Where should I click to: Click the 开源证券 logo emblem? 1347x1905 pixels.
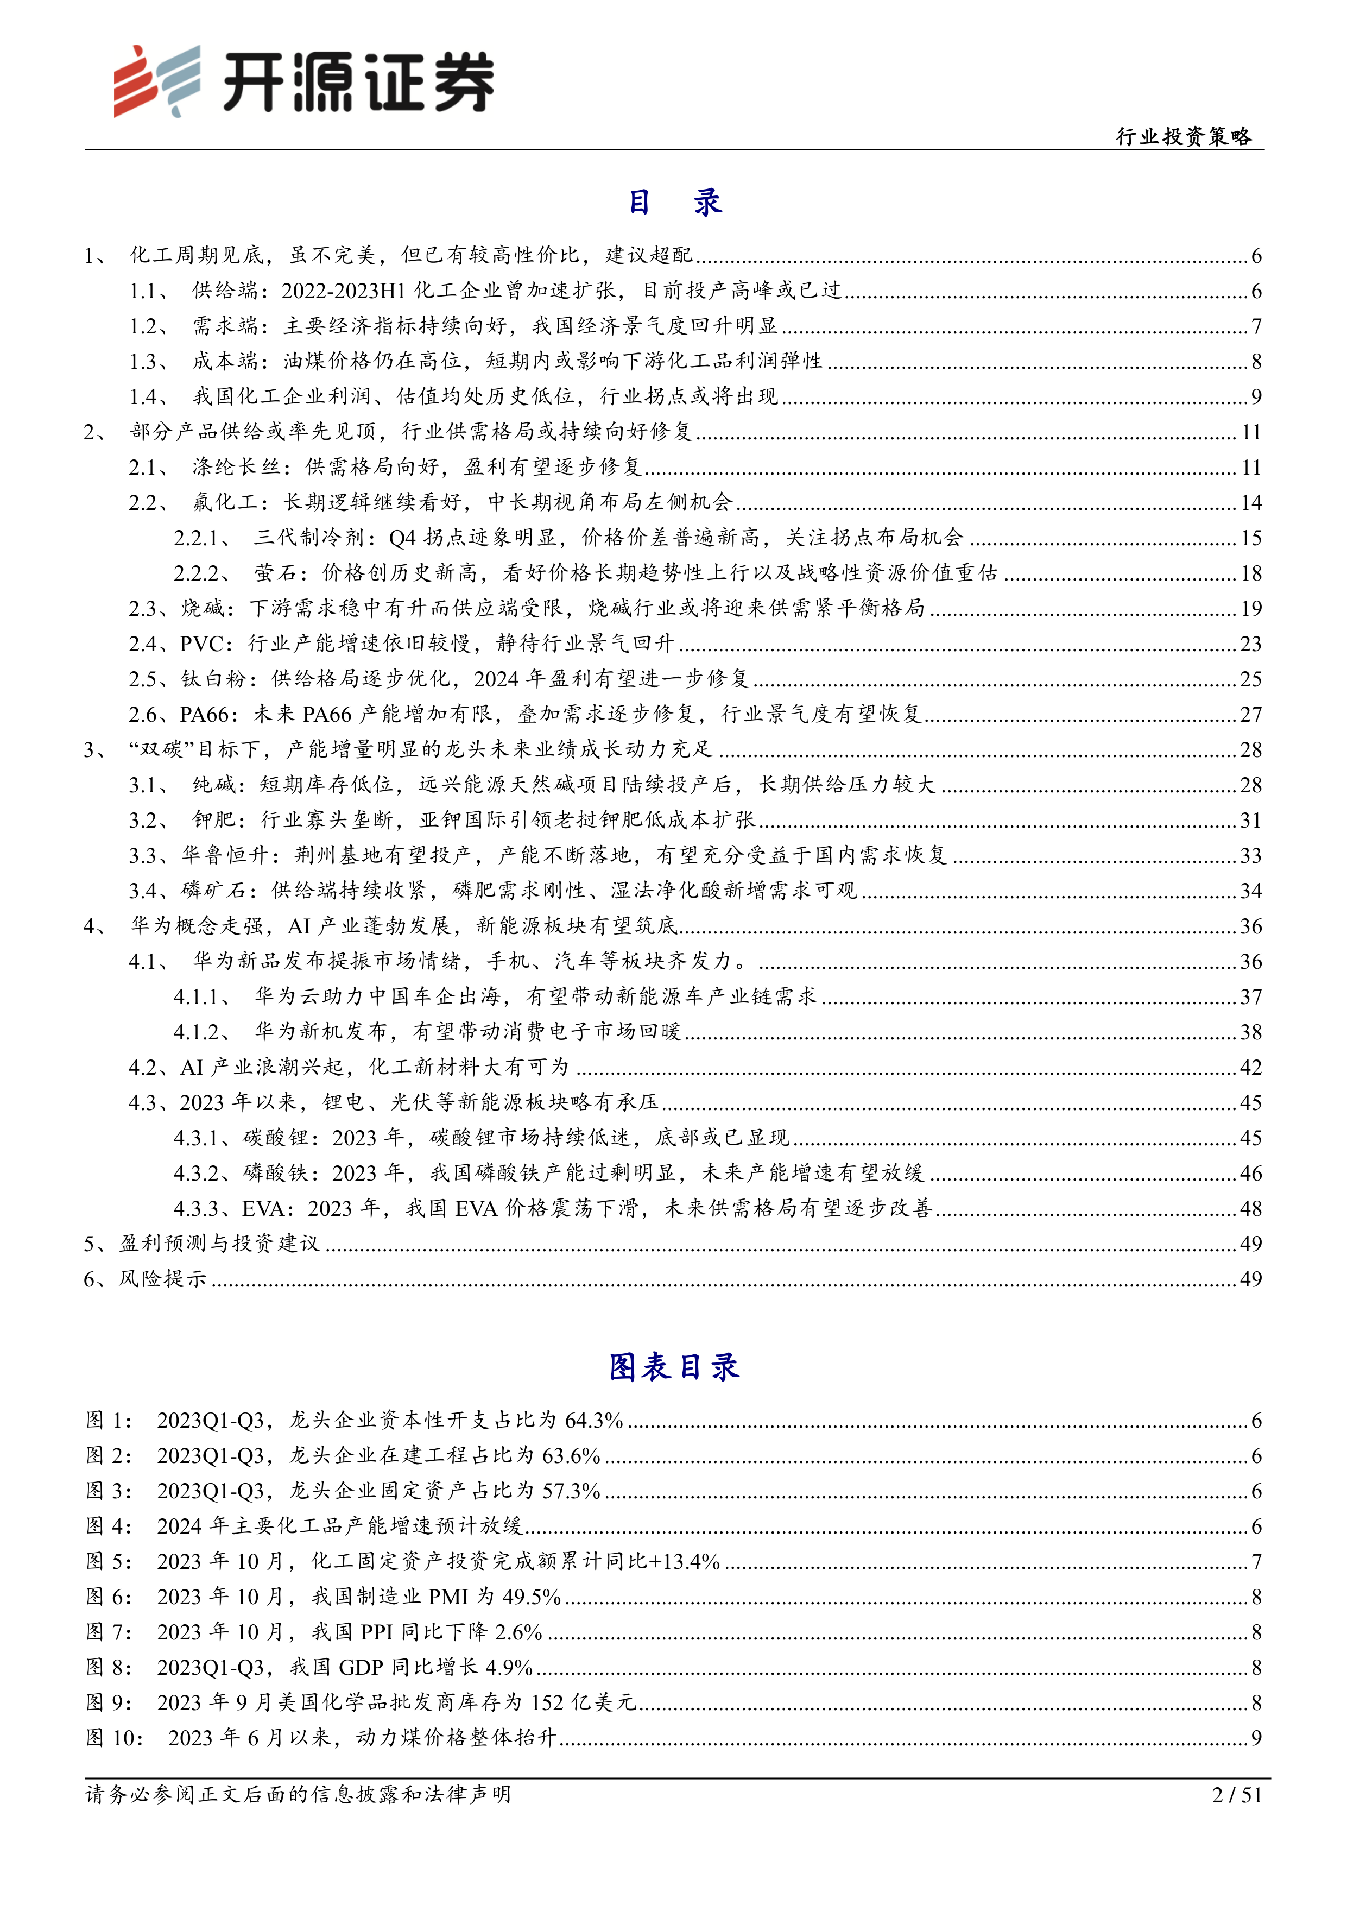[157, 80]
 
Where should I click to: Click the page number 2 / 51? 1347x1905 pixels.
[1236, 1795]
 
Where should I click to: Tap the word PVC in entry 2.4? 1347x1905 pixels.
[200, 644]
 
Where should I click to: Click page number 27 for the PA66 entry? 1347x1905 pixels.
[1250, 715]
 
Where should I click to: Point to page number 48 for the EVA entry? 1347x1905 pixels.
[1250, 1209]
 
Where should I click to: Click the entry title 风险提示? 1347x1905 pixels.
[162, 1279]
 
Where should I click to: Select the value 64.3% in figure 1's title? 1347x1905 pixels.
[593, 1421]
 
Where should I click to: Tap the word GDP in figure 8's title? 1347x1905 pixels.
[361, 1668]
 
